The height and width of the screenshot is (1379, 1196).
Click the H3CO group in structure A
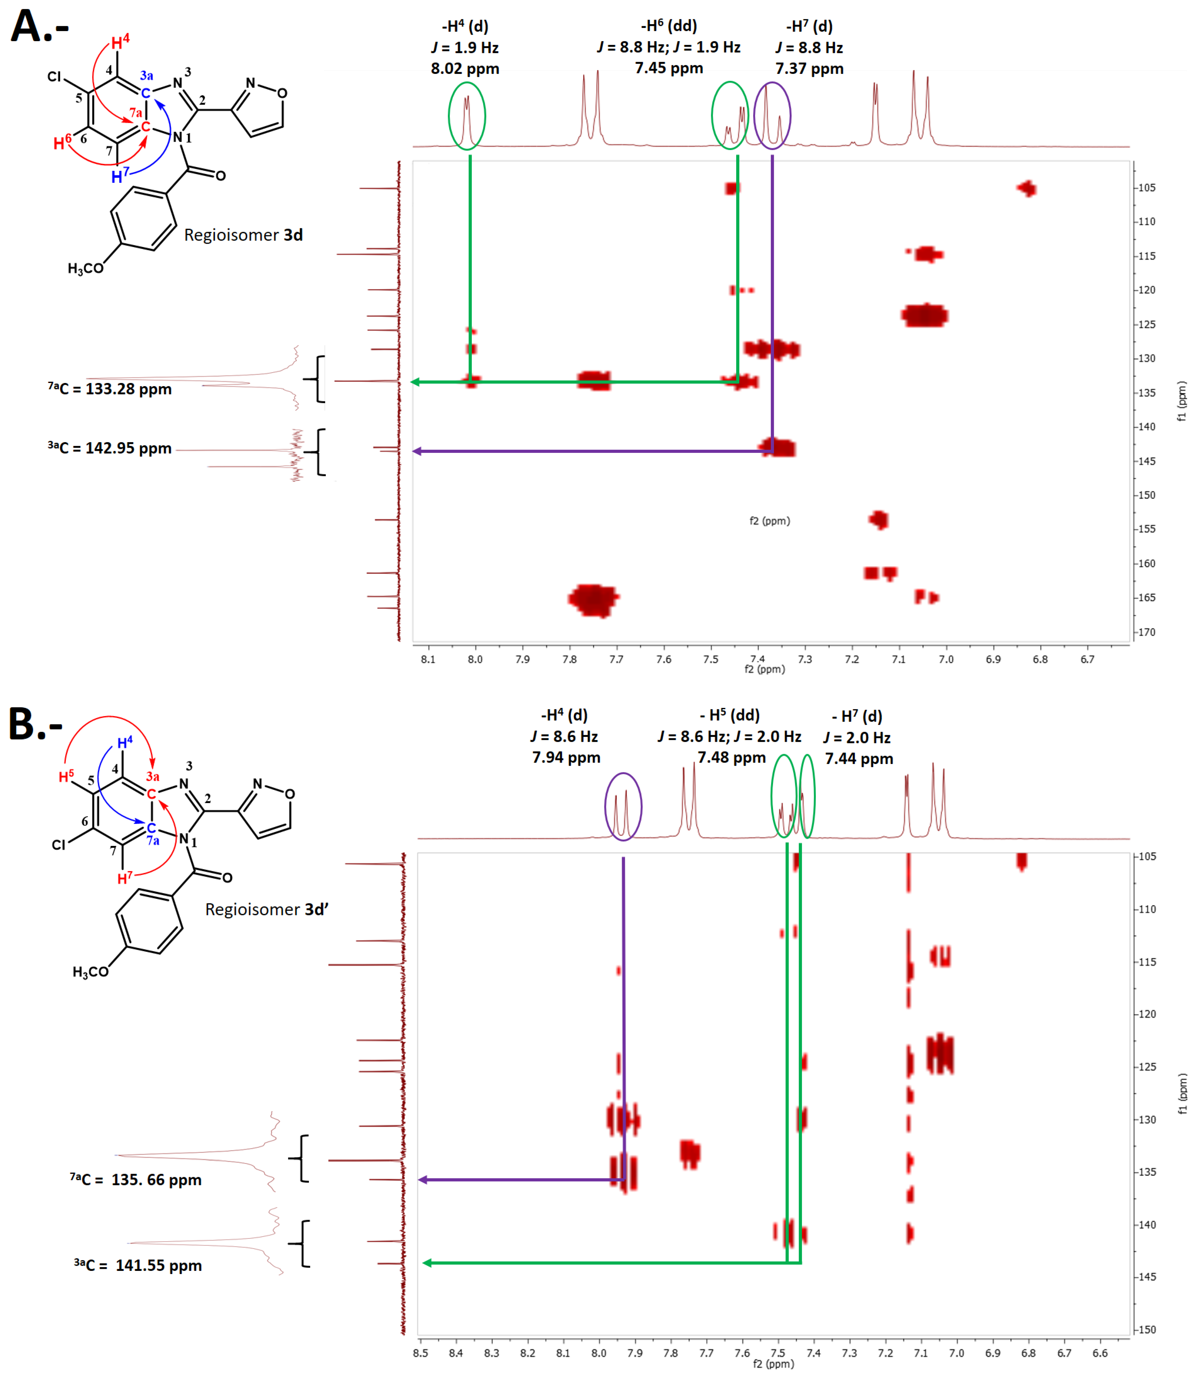click(85, 268)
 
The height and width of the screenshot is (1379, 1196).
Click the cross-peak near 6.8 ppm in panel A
click(1026, 189)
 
